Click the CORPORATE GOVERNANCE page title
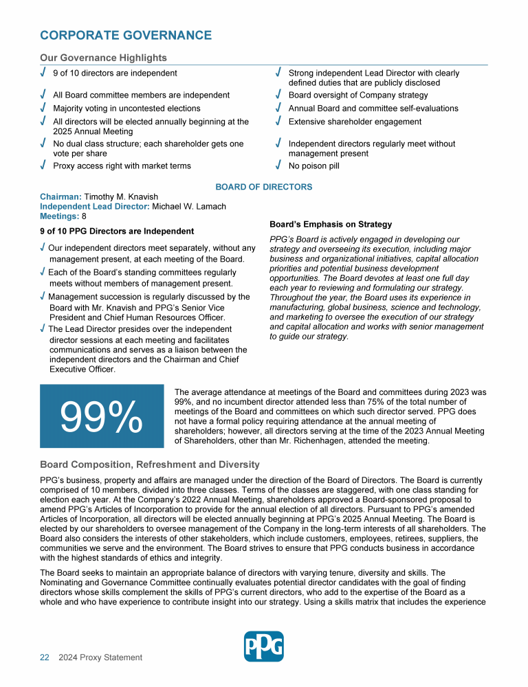[126, 35]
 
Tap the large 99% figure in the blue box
[102, 416]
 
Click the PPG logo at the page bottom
[263, 646]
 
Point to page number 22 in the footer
[44, 657]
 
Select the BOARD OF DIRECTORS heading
[264, 187]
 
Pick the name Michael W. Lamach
[189, 207]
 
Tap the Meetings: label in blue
[59, 216]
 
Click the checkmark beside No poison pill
[278, 166]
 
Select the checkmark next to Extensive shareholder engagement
[278, 122]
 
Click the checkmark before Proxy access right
[43, 166]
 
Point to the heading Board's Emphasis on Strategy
[331, 225]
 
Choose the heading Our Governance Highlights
[103, 58]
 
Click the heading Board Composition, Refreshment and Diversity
[150, 465]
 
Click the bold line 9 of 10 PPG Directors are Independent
[117, 231]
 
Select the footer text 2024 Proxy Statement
[100, 657]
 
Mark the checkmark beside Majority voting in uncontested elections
[43, 109]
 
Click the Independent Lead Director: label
[94, 207]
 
